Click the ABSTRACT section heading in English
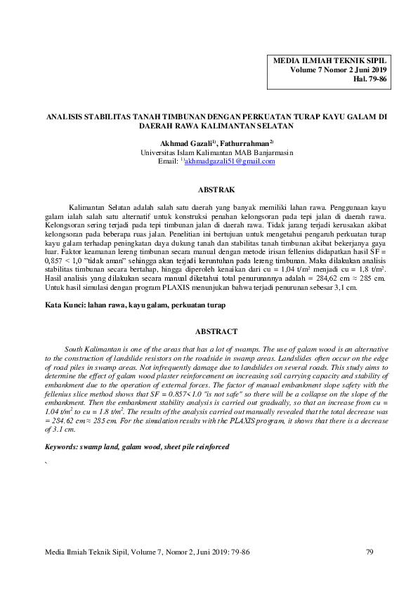click(216, 331)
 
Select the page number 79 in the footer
click(370, 552)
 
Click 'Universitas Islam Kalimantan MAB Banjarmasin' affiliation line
click(217, 152)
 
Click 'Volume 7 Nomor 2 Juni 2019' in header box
click(338, 70)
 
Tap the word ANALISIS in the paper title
click(63, 117)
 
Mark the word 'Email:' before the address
click(169, 161)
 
